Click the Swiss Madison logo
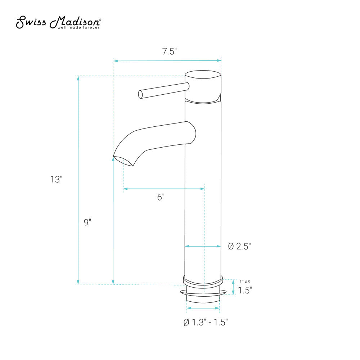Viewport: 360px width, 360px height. pos(59,22)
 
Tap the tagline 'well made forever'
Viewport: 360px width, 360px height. pos(77,27)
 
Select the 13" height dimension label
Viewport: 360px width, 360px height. pos(57,179)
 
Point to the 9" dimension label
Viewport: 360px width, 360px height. pos(87,222)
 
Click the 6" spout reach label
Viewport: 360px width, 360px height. pos(161,197)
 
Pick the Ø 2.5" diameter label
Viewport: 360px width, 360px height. pos(239,246)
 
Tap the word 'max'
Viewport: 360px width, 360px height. pos(245,281)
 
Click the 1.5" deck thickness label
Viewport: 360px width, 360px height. pos(245,290)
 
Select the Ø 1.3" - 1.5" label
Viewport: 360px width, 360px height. pos(206,322)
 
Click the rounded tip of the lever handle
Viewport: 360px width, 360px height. pos(141,94)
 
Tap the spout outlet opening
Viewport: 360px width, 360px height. pos(123,161)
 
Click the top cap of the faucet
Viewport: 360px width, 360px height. pos(203,76)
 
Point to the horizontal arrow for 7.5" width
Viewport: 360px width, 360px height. pos(167,61)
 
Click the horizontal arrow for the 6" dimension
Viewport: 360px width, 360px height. pos(164,188)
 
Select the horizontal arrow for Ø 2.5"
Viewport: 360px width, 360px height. pos(203,246)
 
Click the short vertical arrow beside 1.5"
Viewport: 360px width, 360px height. pos(233,287)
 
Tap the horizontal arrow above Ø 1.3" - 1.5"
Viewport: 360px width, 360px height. pos(203,308)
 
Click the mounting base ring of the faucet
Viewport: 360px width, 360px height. pos(203,281)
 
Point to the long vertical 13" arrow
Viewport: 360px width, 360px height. pos(78,180)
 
